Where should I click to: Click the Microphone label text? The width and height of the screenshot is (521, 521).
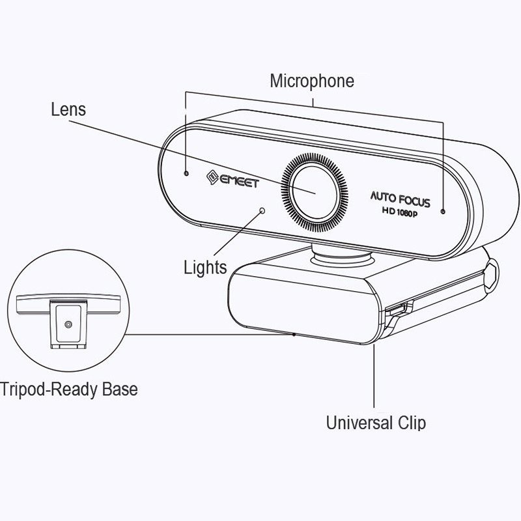(x=312, y=81)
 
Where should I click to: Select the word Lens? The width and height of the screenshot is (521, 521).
(x=68, y=109)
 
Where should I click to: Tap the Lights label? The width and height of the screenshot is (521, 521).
(x=205, y=267)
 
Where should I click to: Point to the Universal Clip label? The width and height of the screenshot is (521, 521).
(x=376, y=423)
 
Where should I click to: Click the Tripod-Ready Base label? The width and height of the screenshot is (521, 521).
(x=69, y=389)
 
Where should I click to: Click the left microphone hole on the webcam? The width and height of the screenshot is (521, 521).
(x=186, y=175)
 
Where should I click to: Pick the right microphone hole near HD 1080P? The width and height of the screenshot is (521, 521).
(x=443, y=212)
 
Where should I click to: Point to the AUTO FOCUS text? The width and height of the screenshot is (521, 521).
(x=401, y=198)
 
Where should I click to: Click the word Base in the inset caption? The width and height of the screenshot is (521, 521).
(x=120, y=389)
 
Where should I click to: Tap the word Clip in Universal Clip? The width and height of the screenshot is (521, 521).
(x=411, y=423)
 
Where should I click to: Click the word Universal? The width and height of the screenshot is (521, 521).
(x=359, y=423)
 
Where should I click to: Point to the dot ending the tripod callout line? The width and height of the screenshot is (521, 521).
(x=294, y=334)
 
